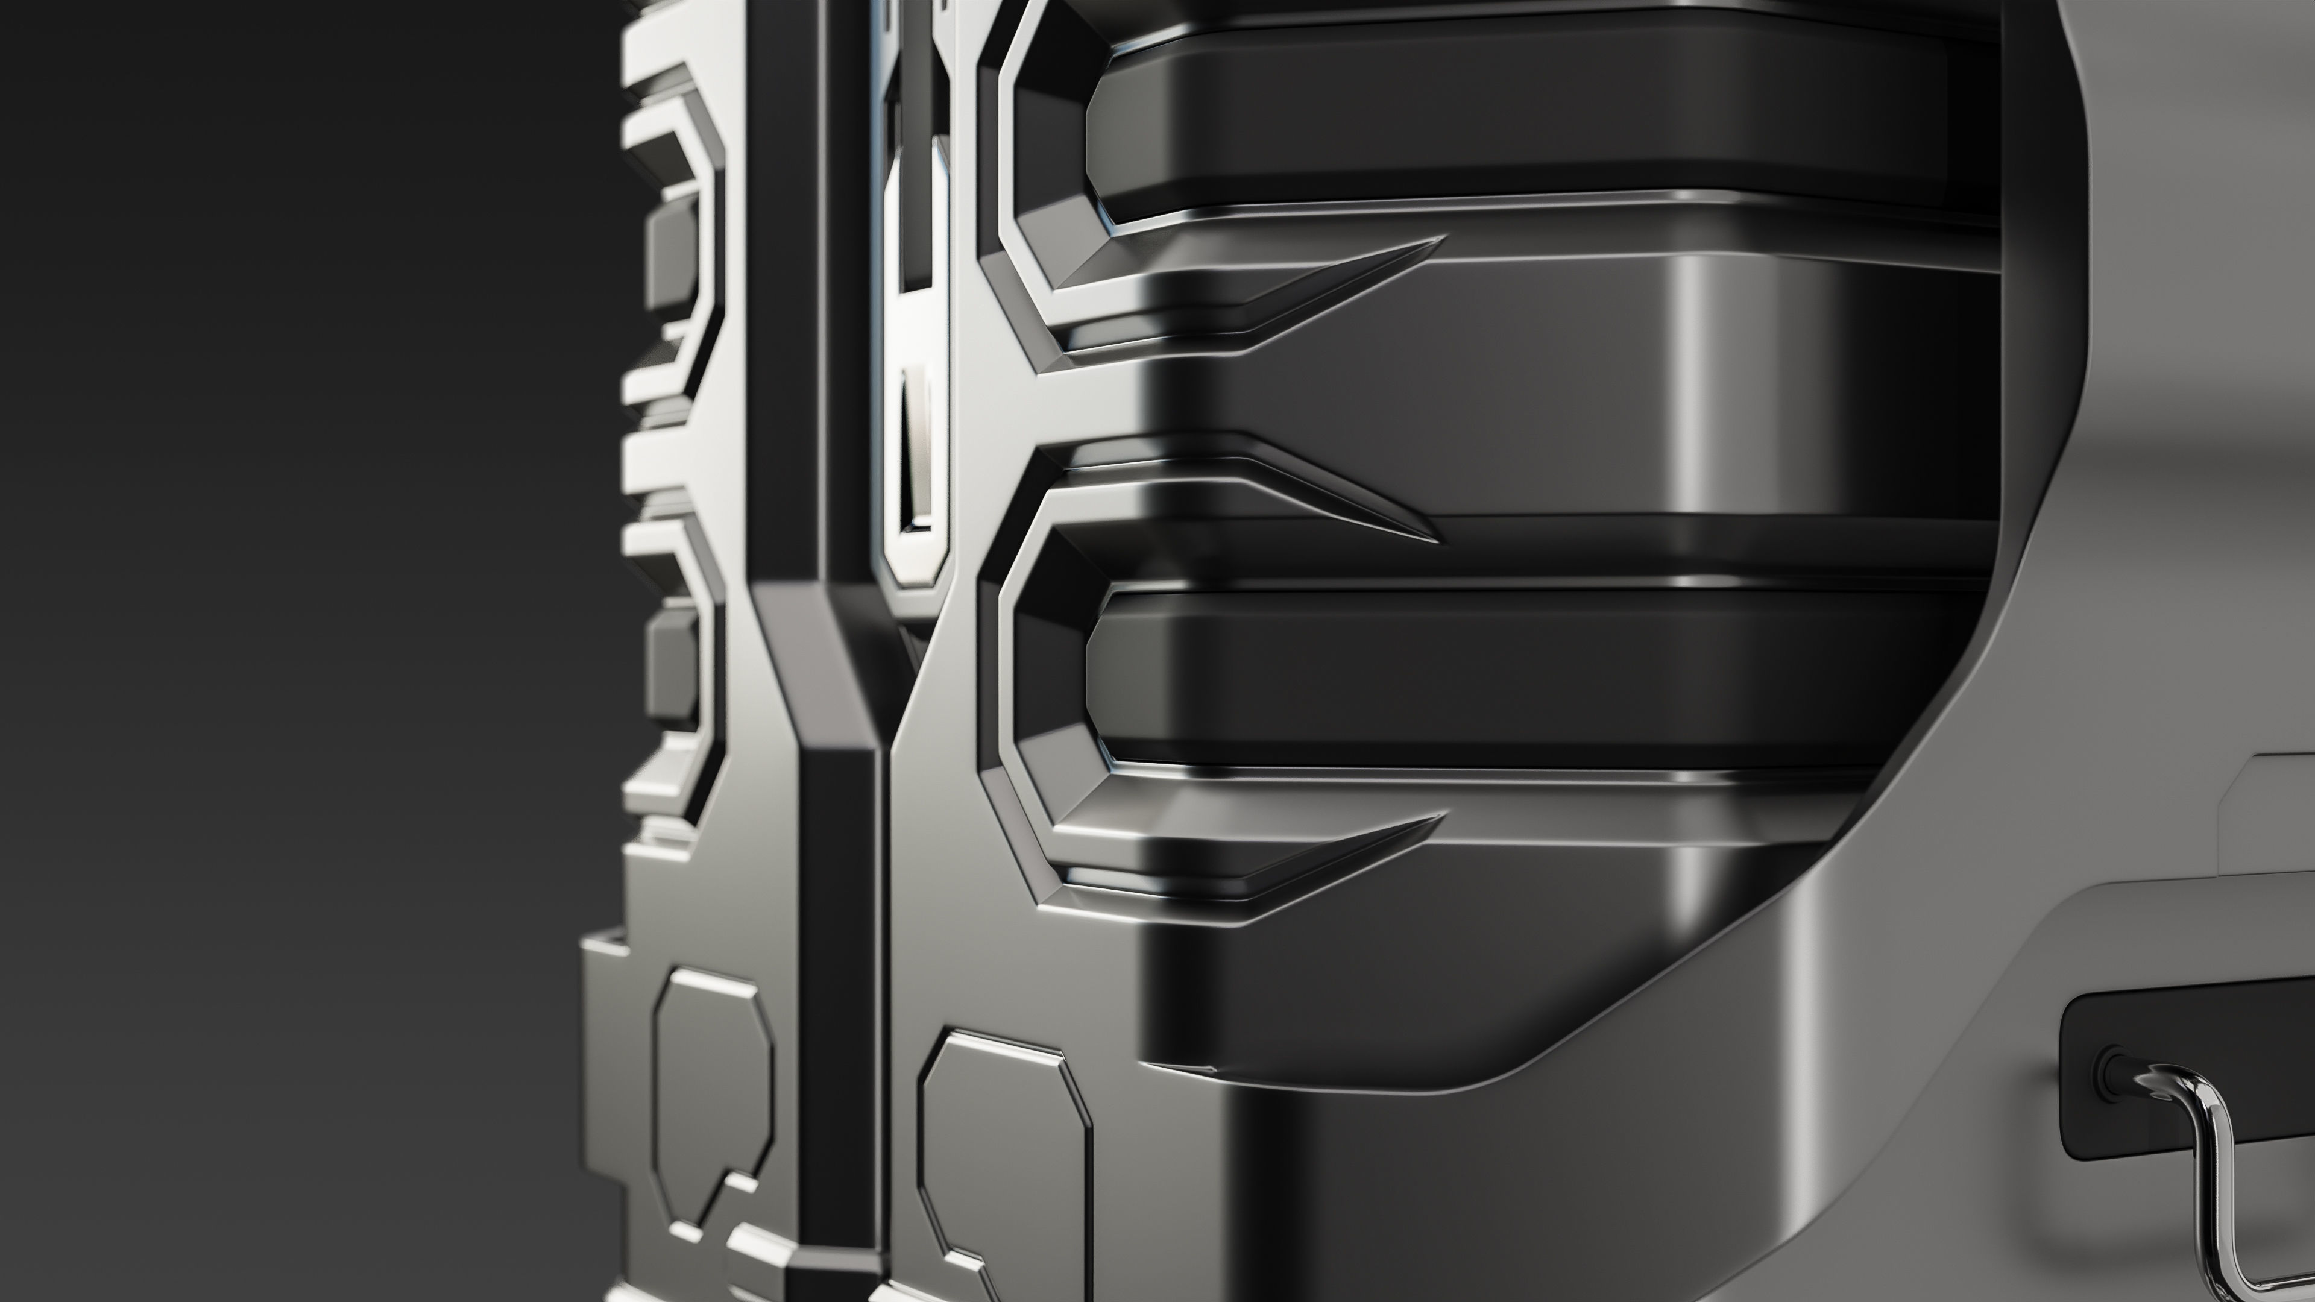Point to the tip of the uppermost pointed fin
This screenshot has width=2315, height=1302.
(x=1438, y=240)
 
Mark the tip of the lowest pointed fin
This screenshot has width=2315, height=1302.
(x=1438, y=819)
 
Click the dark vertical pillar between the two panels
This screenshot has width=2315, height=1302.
(x=840, y=943)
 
